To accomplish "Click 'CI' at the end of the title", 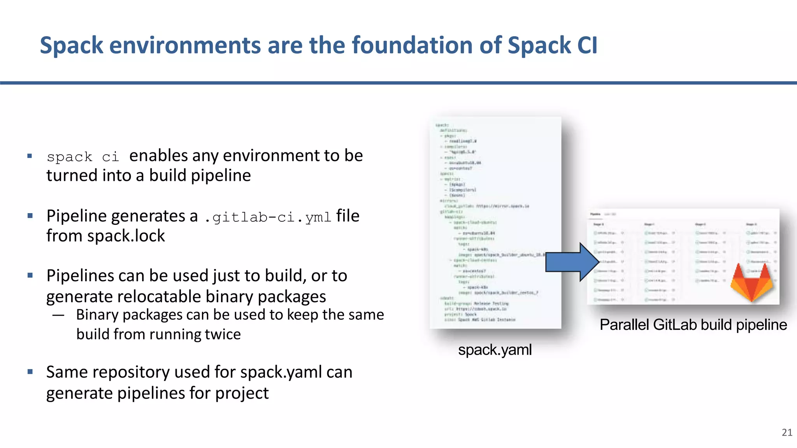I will pos(587,45).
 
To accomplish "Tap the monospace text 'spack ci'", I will pos(83,157).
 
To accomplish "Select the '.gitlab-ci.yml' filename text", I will pos(267,217).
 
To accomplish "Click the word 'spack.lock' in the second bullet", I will pos(126,236).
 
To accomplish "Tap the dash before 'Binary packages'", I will pos(58,315).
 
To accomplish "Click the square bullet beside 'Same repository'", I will pos(30,372).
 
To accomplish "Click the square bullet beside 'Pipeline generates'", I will pos(30,215).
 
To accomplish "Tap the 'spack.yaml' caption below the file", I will pos(495,350).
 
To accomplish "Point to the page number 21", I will pos(787,432).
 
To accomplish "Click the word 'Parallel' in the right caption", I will pos(624,325).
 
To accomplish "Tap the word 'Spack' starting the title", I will pos(71,45).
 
